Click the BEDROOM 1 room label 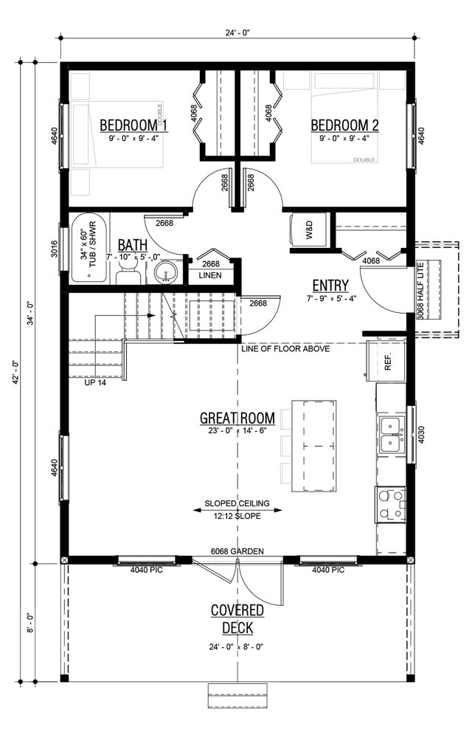(x=133, y=125)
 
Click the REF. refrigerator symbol (x=388, y=362)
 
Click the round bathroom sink (x=167, y=272)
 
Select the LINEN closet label (x=211, y=275)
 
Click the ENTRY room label (x=330, y=286)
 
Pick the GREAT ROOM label (x=237, y=418)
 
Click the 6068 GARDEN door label (x=236, y=551)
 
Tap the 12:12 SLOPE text (x=237, y=516)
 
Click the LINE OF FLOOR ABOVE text (x=285, y=348)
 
